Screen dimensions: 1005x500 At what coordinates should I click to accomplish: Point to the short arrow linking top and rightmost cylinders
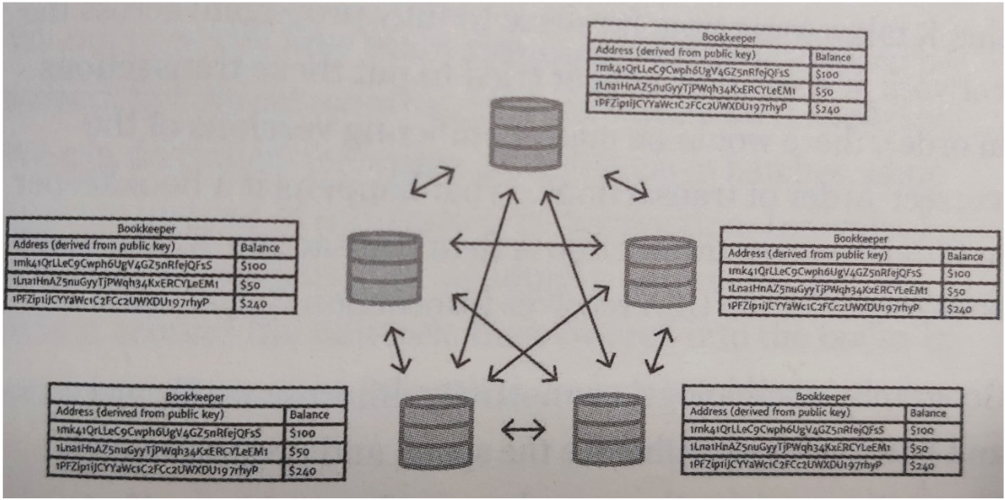(626, 185)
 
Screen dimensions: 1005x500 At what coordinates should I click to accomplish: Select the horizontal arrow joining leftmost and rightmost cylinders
(525, 242)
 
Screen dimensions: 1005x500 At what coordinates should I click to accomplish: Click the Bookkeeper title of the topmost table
(726, 39)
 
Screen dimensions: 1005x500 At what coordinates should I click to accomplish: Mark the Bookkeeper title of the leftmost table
(151, 229)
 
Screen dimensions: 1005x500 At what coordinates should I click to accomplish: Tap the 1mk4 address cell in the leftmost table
(121, 266)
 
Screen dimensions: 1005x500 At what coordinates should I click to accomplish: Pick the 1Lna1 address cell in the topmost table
(699, 91)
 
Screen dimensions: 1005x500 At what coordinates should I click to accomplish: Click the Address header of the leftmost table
(121, 247)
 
